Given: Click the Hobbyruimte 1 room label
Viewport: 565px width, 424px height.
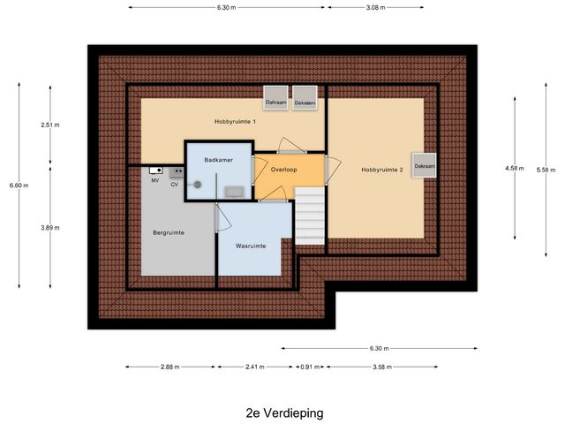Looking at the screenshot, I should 235,121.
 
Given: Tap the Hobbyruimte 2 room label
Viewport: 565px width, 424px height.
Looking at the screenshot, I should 381,169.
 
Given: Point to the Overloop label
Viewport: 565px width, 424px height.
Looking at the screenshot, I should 283,169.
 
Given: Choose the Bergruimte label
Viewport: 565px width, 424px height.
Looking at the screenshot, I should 168,232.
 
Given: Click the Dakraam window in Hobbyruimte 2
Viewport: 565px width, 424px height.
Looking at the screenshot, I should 425,166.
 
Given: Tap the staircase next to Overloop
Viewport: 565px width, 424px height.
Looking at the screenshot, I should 310,218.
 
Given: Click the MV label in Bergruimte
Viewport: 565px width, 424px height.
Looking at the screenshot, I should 154,180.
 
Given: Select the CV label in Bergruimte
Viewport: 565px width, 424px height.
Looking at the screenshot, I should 175,185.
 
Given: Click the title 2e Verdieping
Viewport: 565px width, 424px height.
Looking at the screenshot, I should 284,413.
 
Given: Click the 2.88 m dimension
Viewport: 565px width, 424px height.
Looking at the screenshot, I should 171,367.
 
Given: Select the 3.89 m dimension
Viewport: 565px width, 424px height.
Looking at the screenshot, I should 50,228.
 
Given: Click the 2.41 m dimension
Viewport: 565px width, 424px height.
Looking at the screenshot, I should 255,367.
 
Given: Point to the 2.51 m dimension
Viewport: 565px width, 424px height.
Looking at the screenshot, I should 50,125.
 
